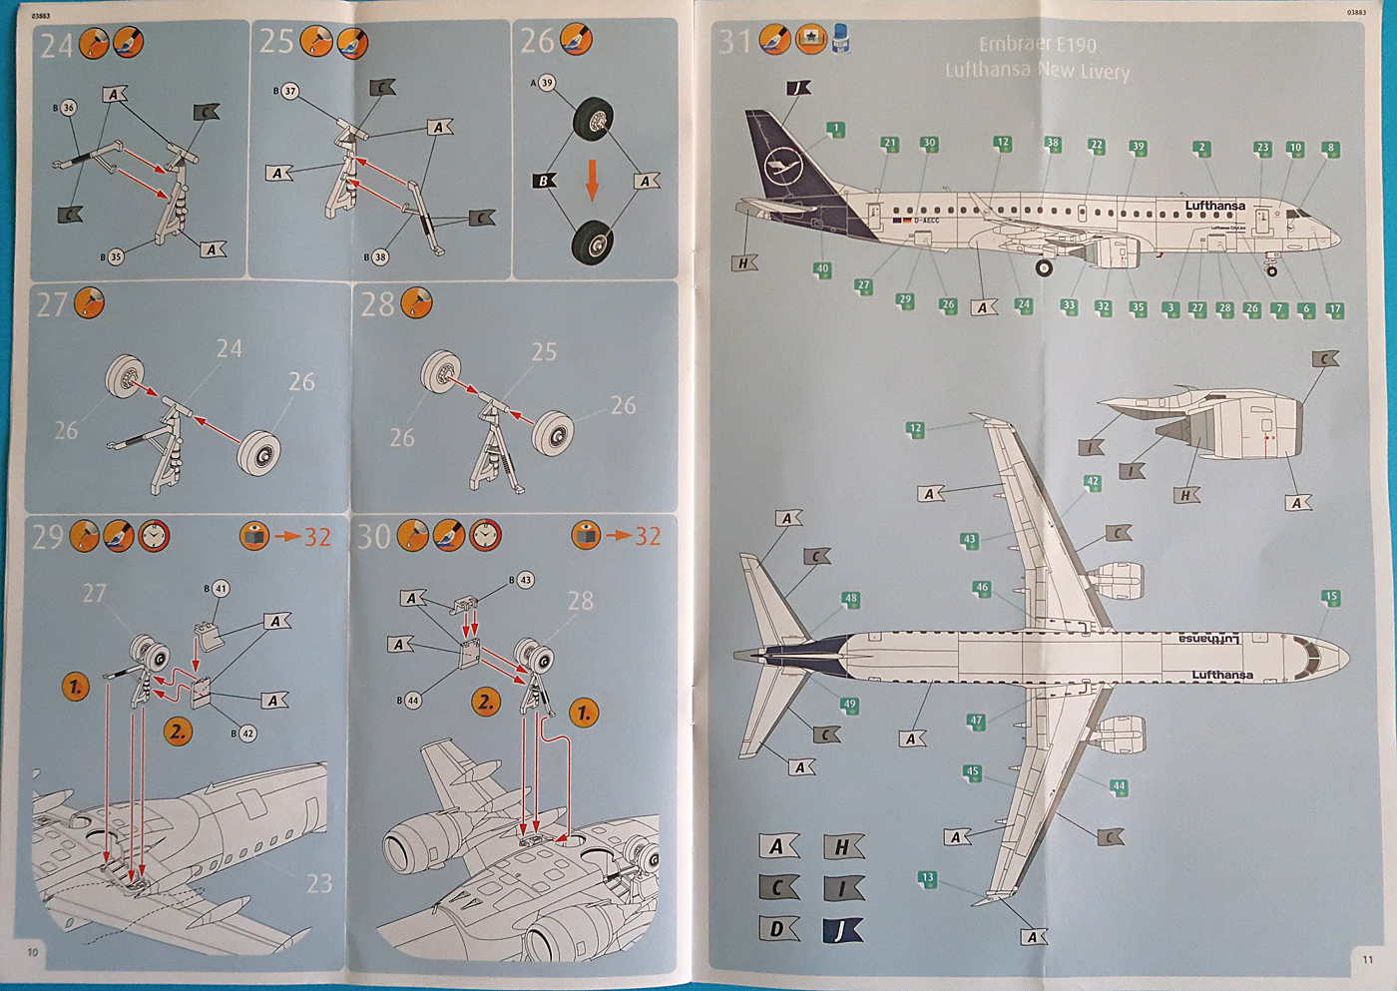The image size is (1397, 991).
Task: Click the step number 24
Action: [x=55, y=45]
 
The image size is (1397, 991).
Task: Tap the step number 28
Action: [x=377, y=304]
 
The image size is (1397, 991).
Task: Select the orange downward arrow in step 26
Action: [x=592, y=178]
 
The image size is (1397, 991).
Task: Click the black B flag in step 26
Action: [x=544, y=181]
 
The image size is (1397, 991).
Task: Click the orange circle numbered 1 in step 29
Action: [x=76, y=687]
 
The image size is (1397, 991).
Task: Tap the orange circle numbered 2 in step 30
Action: [x=486, y=702]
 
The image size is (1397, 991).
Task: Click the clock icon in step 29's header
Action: [x=154, y=536]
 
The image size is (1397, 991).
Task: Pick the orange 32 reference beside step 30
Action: [x=648, y=536]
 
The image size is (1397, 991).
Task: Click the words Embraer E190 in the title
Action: [x=1037, y=45]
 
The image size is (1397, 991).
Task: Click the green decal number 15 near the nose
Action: [x=1330, y=598]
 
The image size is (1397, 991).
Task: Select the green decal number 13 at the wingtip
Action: [x=928, y=879]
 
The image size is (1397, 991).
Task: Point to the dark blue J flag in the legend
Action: [x=842, y=930]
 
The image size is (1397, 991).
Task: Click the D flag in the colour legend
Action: [x=778, y=929]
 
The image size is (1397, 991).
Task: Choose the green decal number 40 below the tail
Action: [x=822, y=269]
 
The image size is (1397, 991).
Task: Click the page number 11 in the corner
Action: [x=1367, y=959]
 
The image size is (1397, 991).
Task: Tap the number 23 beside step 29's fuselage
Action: [x=319, y=883]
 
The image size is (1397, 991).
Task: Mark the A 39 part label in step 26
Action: [x=544, y=83]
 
